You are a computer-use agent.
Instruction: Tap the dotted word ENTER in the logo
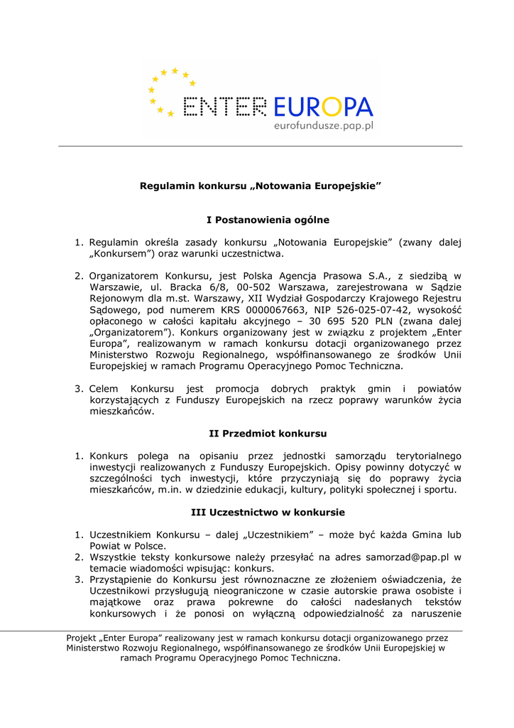(224, 107)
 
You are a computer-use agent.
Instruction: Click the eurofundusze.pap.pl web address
(323, 126)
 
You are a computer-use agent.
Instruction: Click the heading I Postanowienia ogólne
(258, 220)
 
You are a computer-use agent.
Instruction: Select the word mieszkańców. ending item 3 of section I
(121, 412)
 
